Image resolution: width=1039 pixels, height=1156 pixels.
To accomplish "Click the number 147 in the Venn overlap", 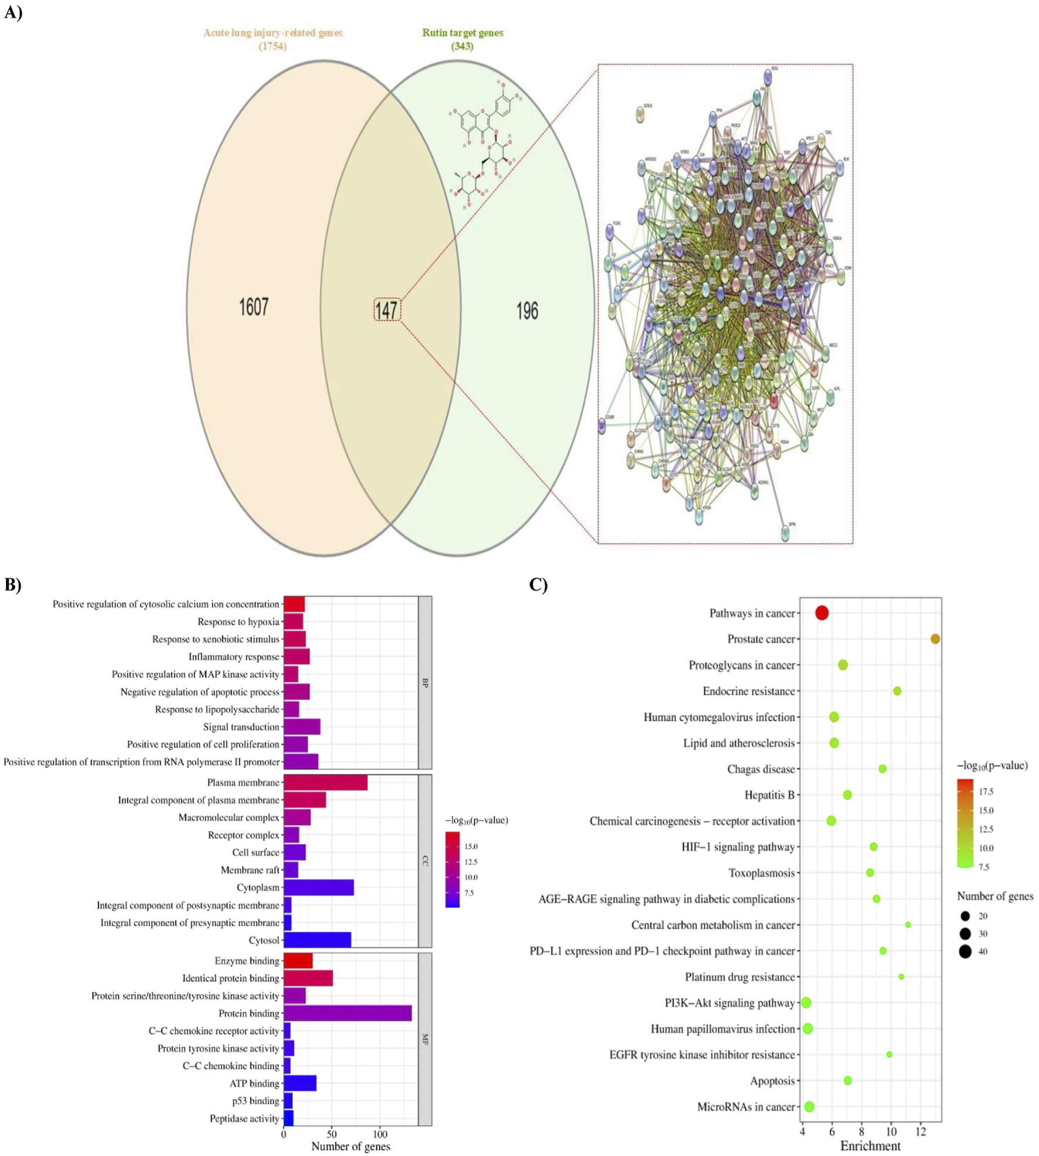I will pyautogui.click(x=387, y=310).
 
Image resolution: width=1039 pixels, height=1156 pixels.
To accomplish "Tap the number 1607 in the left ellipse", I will pyautogui.click(x=253, y=307).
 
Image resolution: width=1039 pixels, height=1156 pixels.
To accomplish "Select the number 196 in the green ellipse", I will pyautogui.click(x=527, y=311).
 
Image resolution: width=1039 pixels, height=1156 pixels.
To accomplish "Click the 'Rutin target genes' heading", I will pyautogui.click(x=463, y=33).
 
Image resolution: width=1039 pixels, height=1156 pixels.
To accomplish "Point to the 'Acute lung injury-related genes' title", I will pyautogui.click(x=273, y=33).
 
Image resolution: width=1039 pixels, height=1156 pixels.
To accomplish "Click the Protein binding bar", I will pyautogui.click(x=347, y=1013).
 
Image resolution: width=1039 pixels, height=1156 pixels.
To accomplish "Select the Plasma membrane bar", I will pyautogui.click(x=325, y=782).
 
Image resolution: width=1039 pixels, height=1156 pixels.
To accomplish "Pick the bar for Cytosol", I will pyautogui.click(x=317, y=940).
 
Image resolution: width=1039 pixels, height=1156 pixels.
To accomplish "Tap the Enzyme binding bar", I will pyautogui.click(x=298, y=960).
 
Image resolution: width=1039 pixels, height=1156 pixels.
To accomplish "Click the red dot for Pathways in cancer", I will pyautogui.click(x=821, y=613).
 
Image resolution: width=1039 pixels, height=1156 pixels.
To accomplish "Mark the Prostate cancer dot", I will pyautogui.click(x=935, y=639).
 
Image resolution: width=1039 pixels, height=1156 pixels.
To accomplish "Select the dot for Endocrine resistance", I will pyautogui.click(x=897, y=691).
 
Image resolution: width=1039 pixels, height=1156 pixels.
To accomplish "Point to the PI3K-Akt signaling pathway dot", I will pyautogui.click(x=806, y=1002).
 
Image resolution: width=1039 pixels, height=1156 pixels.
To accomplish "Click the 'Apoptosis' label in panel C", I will pyautogui.click(x=772, y=1080).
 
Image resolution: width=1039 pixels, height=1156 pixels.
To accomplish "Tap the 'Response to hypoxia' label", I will pyautogui.click(x=238, y=622).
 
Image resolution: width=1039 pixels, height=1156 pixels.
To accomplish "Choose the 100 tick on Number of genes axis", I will pyautogui.click(x=380, y=1134).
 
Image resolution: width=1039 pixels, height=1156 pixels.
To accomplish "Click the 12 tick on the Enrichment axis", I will pyautogui.click(x=921, y=1131).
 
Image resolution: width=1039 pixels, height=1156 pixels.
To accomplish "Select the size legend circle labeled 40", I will pyautogui.click(x=965, y=952).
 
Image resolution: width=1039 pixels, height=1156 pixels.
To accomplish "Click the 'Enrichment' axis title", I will pyautogui.click(x=870, y=1146).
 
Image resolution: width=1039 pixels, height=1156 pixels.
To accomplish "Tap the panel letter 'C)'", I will pyautogui.click(x=538, y=584).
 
